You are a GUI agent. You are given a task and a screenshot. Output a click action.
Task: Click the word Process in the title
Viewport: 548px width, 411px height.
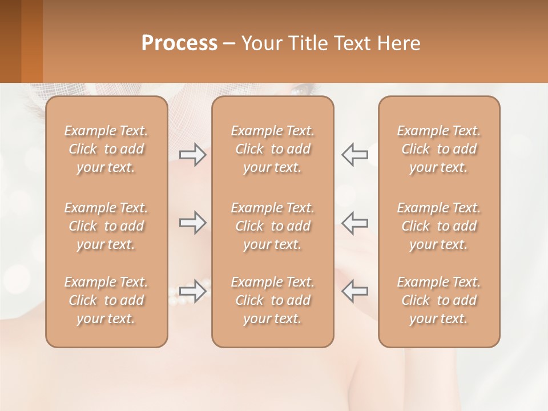pyautogui.click(x=179, y=43)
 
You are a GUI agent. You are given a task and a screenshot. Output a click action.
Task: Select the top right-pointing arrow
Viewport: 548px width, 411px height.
pyautogui.click(x=192, y=154)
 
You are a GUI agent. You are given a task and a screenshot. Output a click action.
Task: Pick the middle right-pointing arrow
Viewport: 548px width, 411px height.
pyautogui.click(x=192, y=223)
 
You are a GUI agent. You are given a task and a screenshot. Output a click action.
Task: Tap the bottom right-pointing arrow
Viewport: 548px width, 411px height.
pyautogui.click(x=192, y=291)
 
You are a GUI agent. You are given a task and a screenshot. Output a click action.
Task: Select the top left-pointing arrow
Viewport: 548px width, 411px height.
pyautogui.click(x=355, y=154)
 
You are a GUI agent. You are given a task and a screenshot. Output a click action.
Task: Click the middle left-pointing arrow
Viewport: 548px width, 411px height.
pyautogui.click(x=355, y=223)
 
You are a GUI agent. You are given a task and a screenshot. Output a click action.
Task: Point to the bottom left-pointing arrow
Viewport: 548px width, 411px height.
pyautogui.click(x=355, y=291)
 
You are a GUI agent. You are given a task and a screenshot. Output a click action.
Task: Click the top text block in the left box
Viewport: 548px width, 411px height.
pyautogui.click(x=106, y=149)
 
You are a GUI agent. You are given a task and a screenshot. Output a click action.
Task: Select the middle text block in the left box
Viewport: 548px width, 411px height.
pyautogui.click(x=106, y=226)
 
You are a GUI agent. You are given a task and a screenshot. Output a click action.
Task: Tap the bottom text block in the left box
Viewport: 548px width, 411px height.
pyautogui.click(x=106, y=300)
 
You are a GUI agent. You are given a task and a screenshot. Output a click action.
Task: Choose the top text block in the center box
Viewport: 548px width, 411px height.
pyautogui.click(x=273, y=149)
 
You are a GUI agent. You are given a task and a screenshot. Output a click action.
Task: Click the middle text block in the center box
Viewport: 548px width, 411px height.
pyautogui.click(x=273, y=226)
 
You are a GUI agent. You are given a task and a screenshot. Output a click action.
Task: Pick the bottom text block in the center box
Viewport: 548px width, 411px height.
pyautogui.click(x=273, y=300)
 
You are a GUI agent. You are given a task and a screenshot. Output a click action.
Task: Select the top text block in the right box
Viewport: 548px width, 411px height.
pyautogui.click(x=439, y=149)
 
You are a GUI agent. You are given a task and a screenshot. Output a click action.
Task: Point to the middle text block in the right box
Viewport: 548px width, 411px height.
pyautogui.click(x=439, y=226)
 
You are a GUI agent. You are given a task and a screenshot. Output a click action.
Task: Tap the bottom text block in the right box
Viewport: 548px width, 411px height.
pyautogui.click(x=439, y=300)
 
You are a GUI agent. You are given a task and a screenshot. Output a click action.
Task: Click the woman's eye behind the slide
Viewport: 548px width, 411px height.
pyautogui.click(x=303, y=89)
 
